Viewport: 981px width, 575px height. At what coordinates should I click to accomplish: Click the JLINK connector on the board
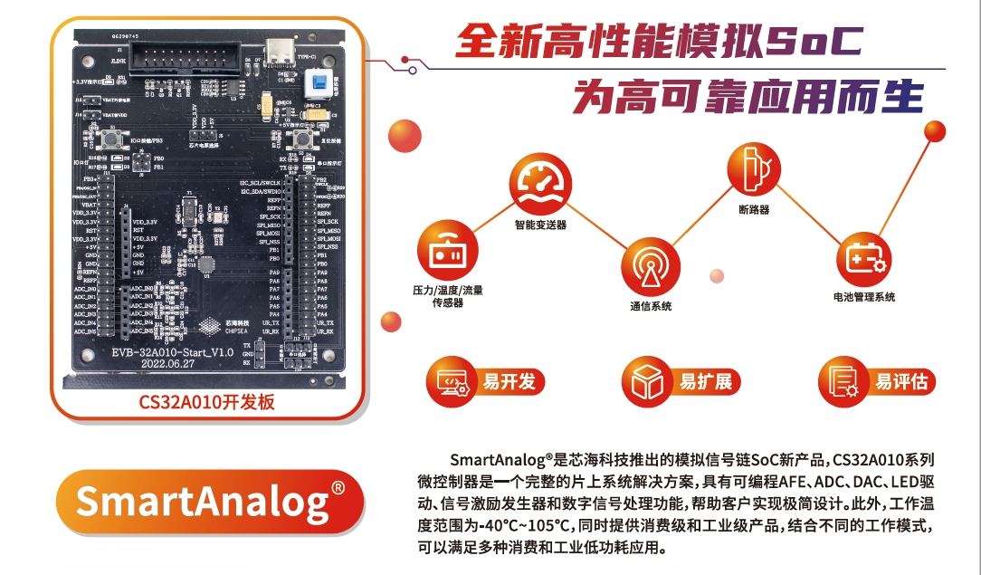[x=186, y=60]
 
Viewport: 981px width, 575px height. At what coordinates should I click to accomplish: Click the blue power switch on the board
[x=318, y=84]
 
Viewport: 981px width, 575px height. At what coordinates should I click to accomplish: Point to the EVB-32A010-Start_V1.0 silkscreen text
[x=174, y=351]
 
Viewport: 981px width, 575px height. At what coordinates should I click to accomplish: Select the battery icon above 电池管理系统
[x=864, y=259]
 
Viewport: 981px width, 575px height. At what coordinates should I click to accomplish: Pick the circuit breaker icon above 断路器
[x=753, y=168]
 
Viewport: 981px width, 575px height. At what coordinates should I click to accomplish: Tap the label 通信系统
[x=651, y=307]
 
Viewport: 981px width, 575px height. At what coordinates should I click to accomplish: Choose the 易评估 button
[x=875, y=381]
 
